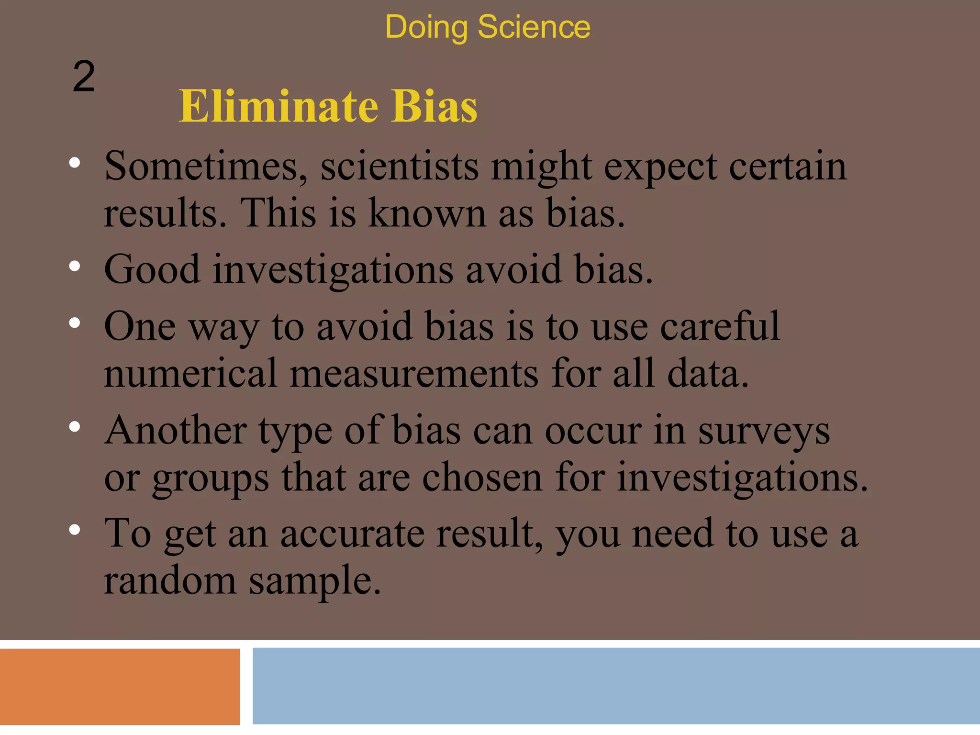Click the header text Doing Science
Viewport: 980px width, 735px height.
(488, 27)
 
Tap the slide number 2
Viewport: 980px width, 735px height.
(84, 77)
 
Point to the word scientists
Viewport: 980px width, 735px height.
(400, 166)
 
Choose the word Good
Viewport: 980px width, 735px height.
(152, 269)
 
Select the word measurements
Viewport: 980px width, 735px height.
(414, 373)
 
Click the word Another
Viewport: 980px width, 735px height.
(176, 430)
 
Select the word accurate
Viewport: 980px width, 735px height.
(352, 533)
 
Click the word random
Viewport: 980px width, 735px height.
(170, 580)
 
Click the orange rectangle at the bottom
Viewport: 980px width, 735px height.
(120, 686)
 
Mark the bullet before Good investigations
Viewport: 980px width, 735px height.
(75, 266)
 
